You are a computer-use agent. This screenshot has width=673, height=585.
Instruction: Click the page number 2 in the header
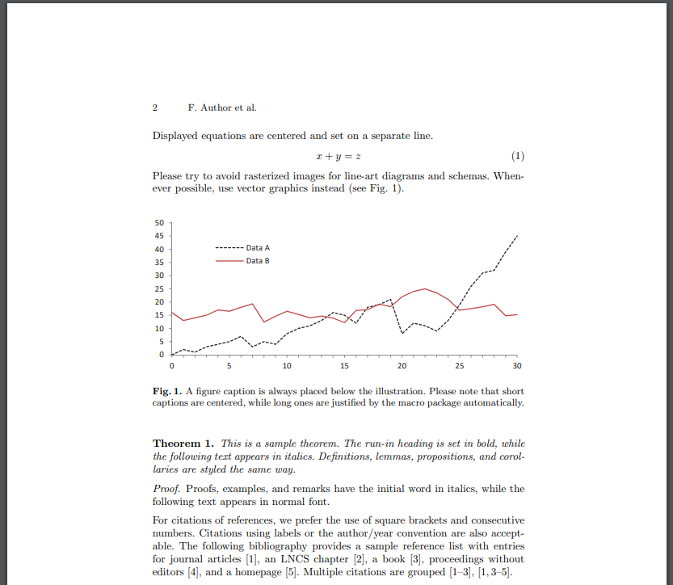(155, 107)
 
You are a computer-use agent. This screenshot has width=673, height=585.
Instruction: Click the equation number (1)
(518, 156)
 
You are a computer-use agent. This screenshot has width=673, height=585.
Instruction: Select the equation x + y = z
(338, 156)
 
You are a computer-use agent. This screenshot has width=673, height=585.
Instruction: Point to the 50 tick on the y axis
(158, 222)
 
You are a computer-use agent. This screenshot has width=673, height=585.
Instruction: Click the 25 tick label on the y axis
(158, 288)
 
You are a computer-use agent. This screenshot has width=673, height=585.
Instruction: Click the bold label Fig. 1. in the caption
(166, 391)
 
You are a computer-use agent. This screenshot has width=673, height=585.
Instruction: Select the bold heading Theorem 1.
(183, 443)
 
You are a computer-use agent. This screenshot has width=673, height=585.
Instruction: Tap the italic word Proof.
(166, 489)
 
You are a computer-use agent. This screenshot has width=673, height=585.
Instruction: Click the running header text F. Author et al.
(221, 107)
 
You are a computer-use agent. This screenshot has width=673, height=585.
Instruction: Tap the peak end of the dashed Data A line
(516, 235)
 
